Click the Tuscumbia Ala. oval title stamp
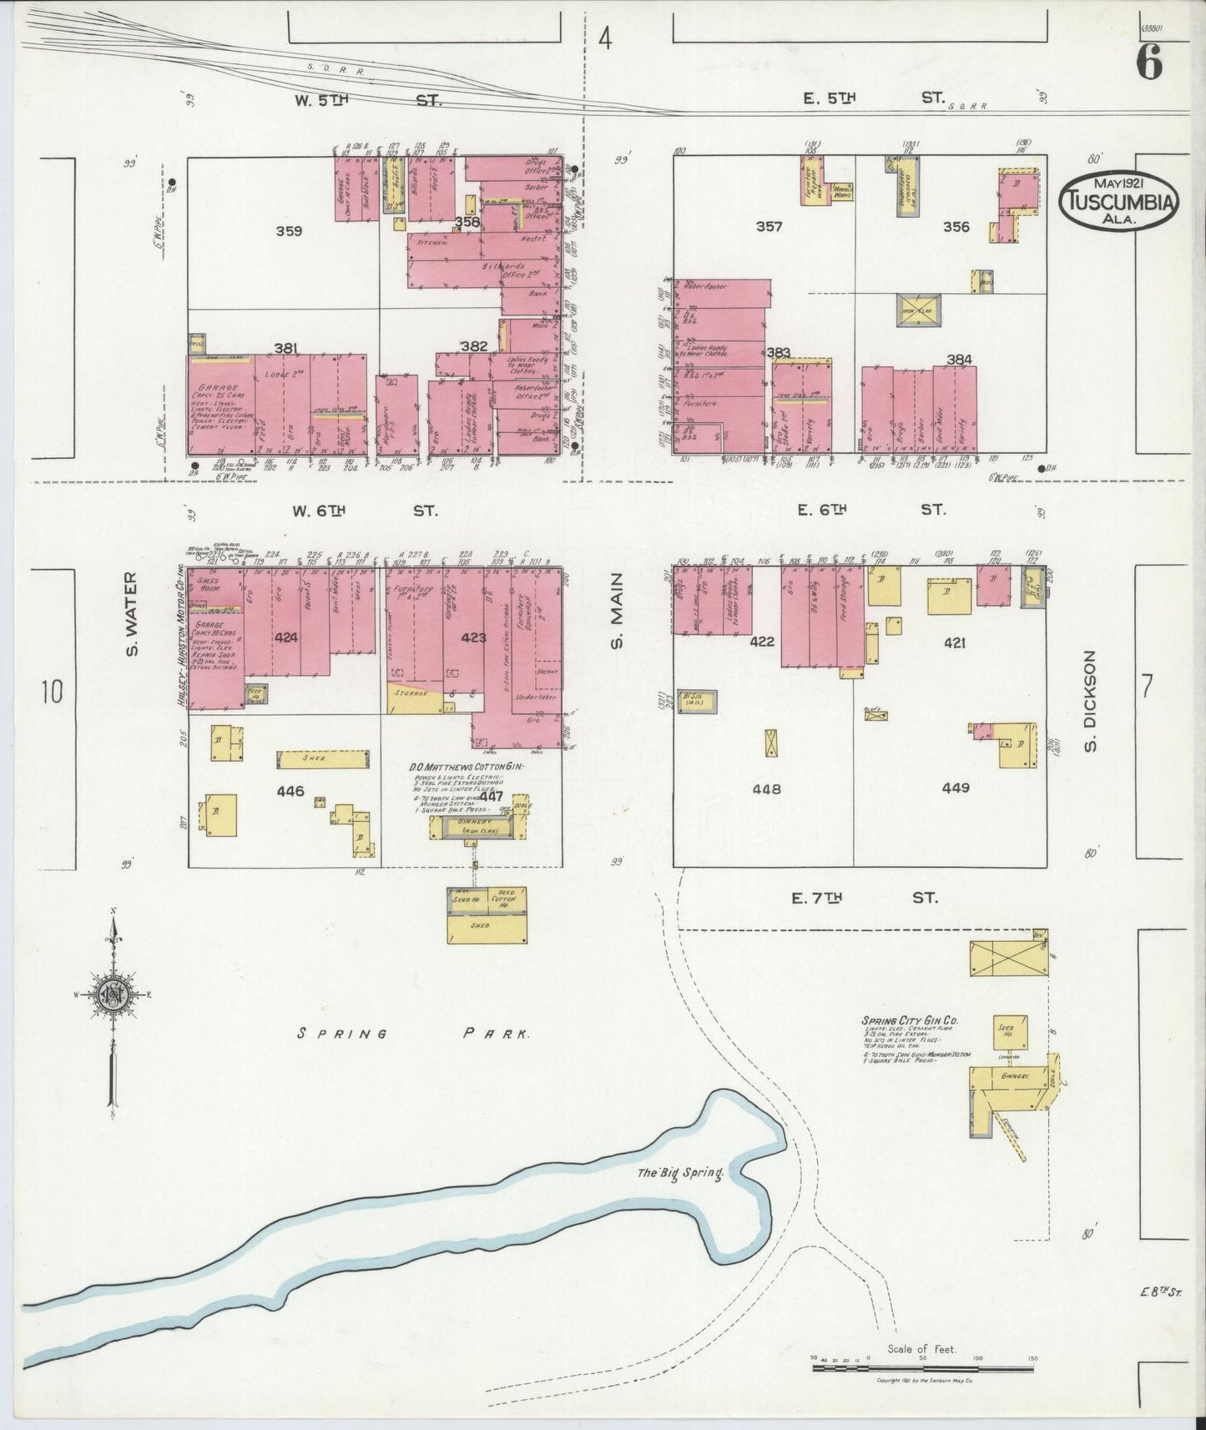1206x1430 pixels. (1118, 203)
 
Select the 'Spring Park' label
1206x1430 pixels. (414, 1034)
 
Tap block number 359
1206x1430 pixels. (290, 231)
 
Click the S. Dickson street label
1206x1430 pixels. (1090, 700)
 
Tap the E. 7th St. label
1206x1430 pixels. (864, 899)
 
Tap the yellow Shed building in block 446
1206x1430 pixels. (322, 759)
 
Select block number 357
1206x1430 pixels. (768, 226)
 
